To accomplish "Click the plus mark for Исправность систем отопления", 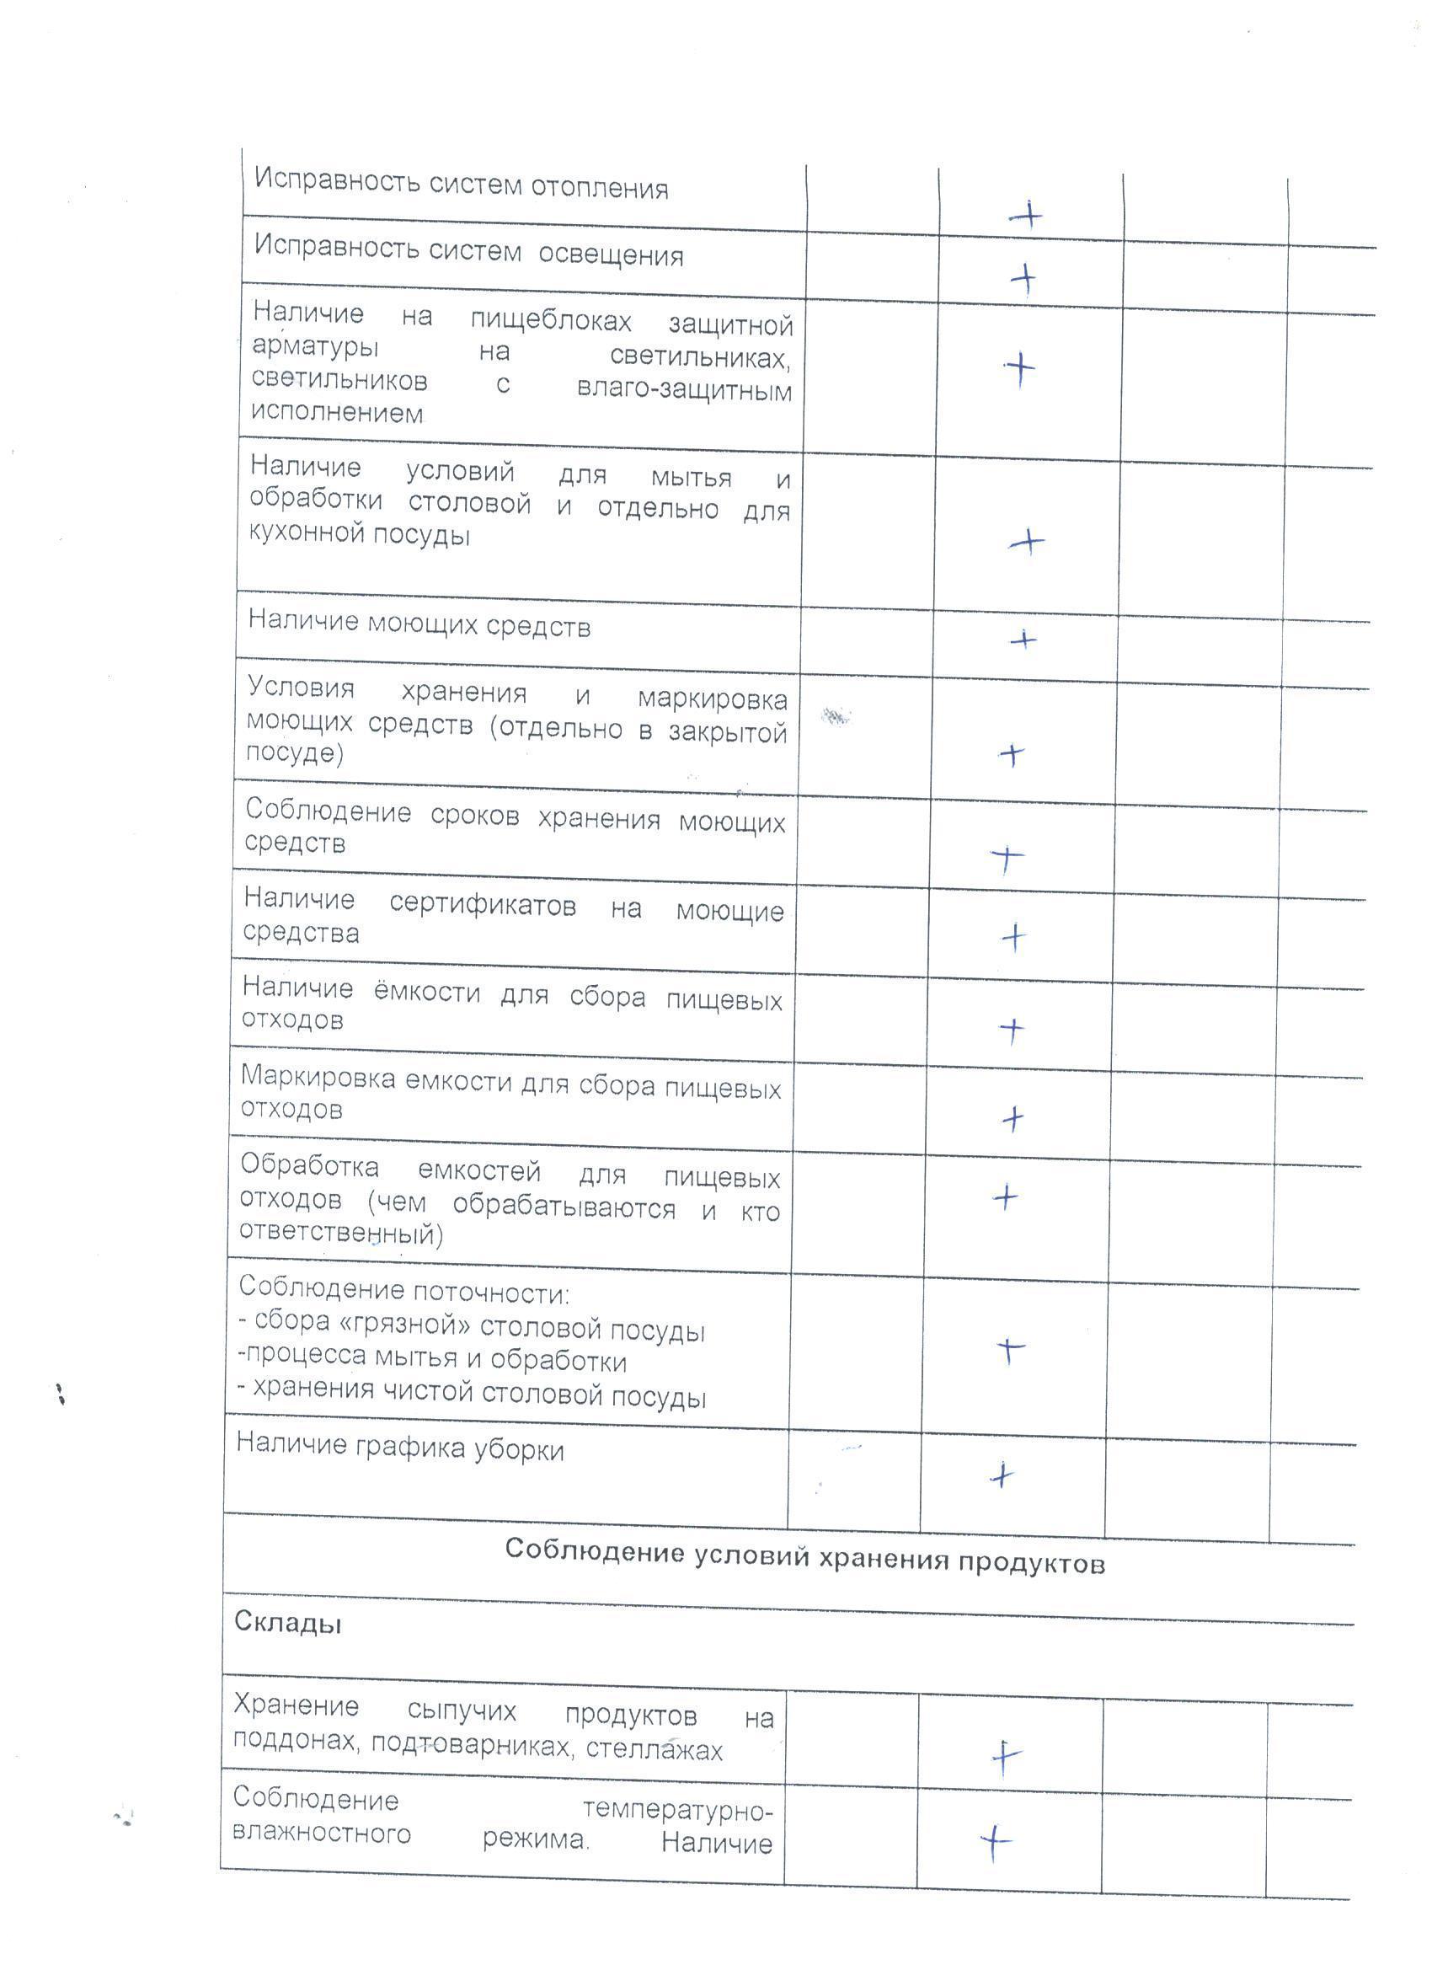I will click(1027, 215).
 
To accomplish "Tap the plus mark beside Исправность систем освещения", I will click(1023, 280).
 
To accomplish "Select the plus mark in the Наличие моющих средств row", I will click(1023, 641).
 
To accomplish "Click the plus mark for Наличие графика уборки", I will click(1002, 1475).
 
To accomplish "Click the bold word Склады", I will click(287, 1623).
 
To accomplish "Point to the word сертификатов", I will click(482, 905).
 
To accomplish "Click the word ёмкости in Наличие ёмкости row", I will click(426, 992).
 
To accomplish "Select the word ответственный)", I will click(340, 1234).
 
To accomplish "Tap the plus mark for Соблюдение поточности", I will click(1009, 1349).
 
